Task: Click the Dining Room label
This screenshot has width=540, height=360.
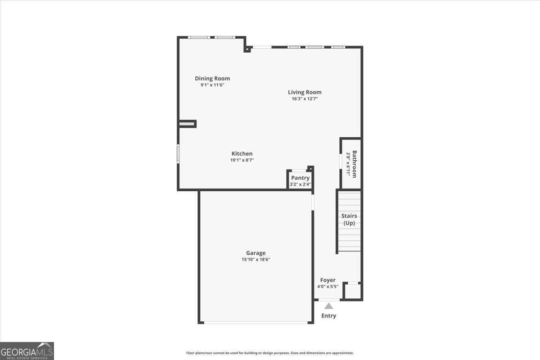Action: coord(212,78)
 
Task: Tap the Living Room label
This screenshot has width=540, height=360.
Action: coord(305,92)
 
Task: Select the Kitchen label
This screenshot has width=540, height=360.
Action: coord(242,153)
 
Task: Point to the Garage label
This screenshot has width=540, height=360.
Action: coord(256,253)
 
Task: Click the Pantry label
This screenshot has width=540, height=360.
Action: coord(300,178)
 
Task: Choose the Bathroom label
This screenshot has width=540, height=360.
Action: coord(355,164)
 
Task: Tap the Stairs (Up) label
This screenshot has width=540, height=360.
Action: coord(349,219)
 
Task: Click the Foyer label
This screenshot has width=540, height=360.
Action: coord(328,280)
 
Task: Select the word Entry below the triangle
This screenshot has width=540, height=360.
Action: coord(328,315)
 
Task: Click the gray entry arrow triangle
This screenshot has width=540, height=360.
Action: coord(329,306)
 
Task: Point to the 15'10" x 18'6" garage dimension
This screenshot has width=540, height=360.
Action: coord(256,259)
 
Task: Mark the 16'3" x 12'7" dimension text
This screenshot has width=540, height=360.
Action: coord(305,99)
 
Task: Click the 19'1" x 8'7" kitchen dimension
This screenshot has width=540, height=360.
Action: coord(242,160)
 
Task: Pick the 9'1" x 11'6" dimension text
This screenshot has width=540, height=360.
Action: coord(212,85)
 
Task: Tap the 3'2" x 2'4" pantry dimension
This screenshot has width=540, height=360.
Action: coord(300,184)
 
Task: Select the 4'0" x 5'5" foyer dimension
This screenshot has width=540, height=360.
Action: coord(328,286)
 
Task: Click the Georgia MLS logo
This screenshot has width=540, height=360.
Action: coord(27,351)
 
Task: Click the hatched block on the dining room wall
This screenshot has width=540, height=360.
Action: coord(186,123)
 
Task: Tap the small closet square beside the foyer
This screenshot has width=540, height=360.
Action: coord(352,291)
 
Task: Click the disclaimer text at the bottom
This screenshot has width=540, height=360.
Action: coord(270,353)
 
